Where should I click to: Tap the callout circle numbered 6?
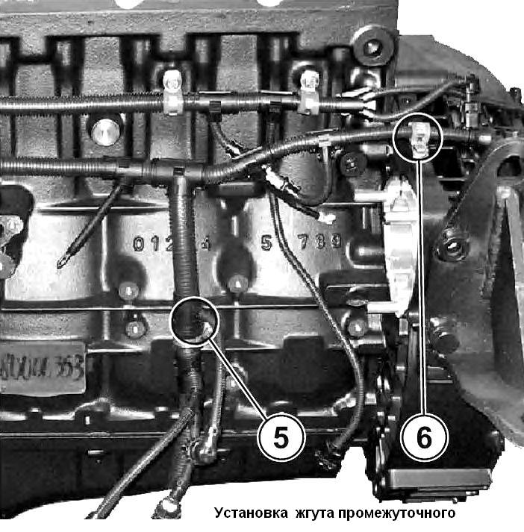coord(423,437)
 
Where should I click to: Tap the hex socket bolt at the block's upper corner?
coord(370,49)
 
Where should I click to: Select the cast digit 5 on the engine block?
coord(266,242)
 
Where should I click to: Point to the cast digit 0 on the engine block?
coord(139,243)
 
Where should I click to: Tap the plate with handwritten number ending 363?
coord(41,367)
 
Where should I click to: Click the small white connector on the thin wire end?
coord(325,218)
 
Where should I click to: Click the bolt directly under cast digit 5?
coord(237,283)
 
